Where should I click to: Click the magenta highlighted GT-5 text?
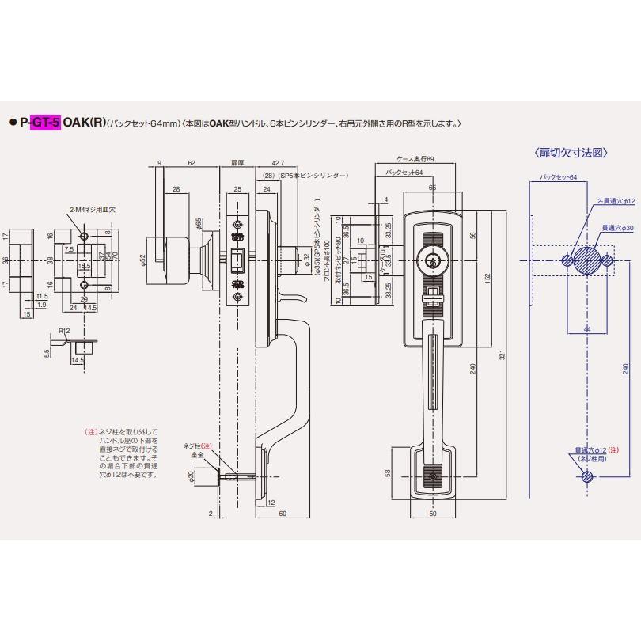(47, 123)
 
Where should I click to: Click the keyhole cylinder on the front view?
(432, 260)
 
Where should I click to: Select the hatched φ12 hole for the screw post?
(586, 476)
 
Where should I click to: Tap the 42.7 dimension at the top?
(277, 161)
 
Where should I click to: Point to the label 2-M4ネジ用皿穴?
(93, 209)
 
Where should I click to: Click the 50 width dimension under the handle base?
(432, 514)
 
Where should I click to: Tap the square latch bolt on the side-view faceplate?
(236, 259)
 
